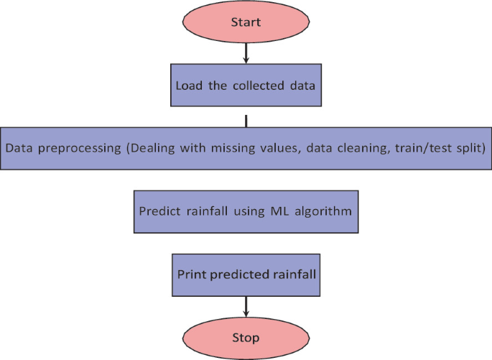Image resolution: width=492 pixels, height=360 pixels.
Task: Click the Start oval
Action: pyautogui.click(x=246, y=22)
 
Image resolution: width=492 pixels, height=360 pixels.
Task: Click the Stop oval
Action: pyautogui.click(x=246, y=337)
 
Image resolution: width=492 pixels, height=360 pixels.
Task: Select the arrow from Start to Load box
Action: pyautogui.click(x=246, y=52)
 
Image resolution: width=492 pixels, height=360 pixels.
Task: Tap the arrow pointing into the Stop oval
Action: pyautogui.click(x=246, y=307)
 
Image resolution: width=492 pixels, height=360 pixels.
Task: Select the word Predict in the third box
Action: pyautogui.click(x=159, y=212)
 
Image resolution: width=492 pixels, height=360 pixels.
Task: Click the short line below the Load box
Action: pyautogui.click(x=246, y=119)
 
